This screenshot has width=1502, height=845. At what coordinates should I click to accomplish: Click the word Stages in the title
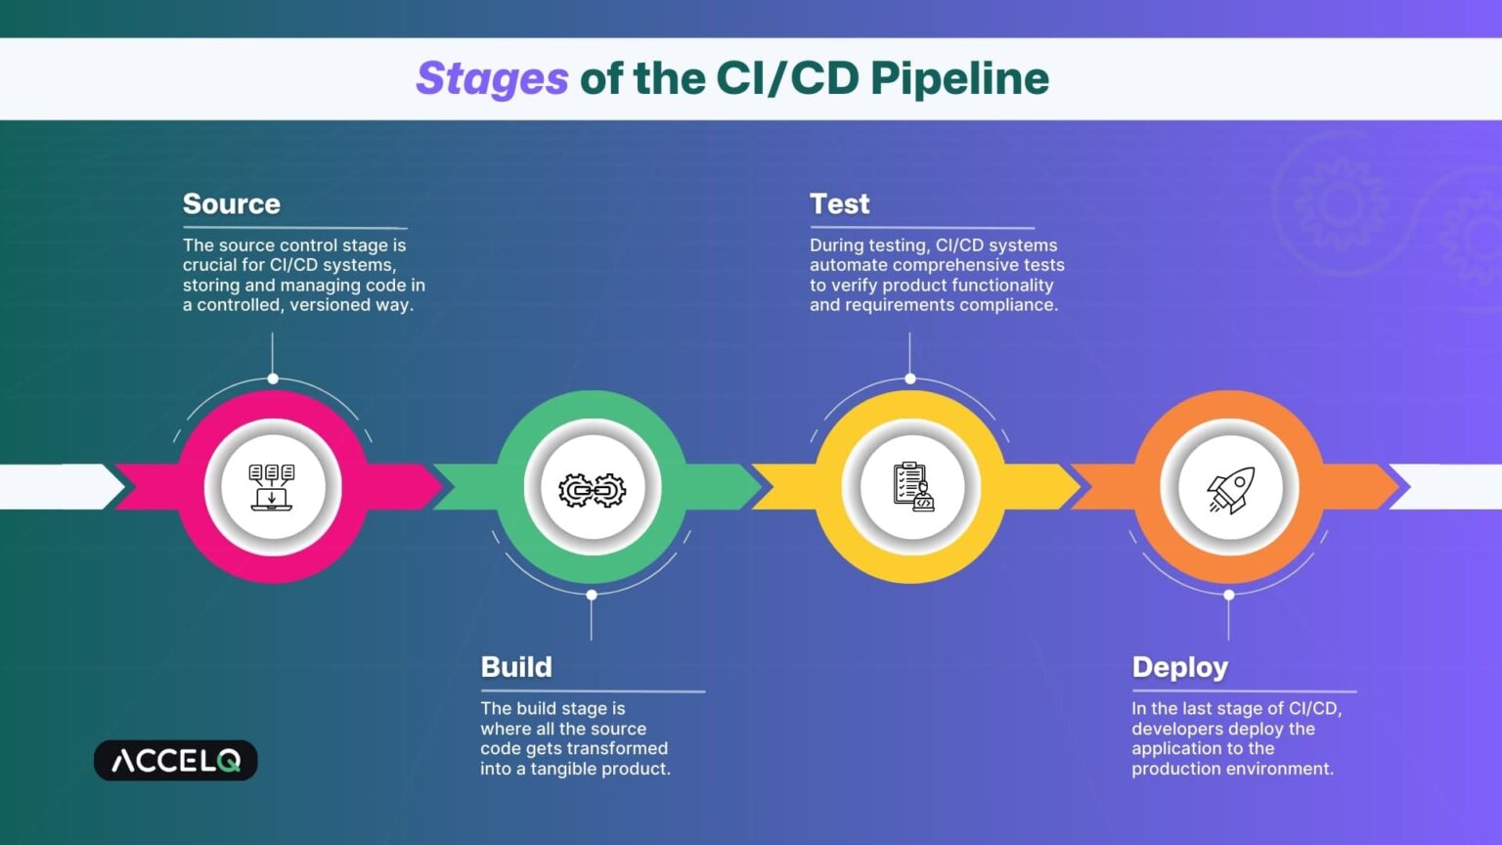point(492,79)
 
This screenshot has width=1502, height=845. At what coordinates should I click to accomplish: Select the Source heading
point(232,203)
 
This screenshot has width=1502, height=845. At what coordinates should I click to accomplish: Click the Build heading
point(516,667)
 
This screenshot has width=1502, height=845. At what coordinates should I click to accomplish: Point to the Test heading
point(839,203)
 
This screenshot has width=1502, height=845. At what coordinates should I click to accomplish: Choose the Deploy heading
point(1179,667)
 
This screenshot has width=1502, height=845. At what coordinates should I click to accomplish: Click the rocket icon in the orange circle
point(1229,488)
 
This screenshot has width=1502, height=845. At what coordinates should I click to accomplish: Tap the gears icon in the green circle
point(592,489)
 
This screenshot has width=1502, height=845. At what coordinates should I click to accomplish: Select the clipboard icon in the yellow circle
point(912,487)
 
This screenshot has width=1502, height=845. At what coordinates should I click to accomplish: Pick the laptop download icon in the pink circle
point(272,487)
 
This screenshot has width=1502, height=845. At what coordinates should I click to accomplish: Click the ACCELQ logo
point(176,761)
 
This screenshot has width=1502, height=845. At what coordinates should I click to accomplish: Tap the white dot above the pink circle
point(273,378)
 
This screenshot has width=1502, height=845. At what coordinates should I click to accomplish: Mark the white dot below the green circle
point(592,595)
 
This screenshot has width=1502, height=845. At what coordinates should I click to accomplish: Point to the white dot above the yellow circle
point(910,378)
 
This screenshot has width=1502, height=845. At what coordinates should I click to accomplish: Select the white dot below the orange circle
point(1229,595)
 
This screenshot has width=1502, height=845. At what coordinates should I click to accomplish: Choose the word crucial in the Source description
point(210,265)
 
